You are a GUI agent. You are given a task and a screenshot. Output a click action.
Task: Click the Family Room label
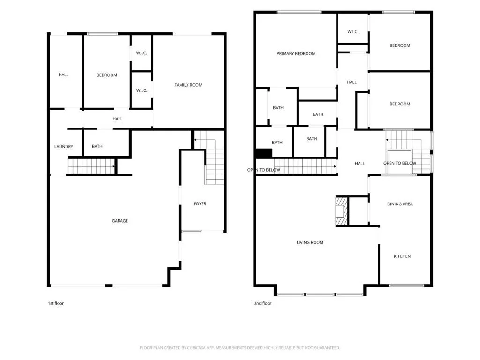click(x=188, y=85)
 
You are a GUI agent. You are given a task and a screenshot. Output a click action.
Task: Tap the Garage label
click(x=120, y=221)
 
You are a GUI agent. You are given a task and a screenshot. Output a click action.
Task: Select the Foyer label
click(x=200, y=203)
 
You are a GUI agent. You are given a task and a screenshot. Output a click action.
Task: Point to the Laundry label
click(x=64, y=147)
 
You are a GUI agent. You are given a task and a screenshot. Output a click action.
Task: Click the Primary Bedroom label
click(x=296, y=53)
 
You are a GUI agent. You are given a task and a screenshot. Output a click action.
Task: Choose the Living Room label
click(x=310, y=242)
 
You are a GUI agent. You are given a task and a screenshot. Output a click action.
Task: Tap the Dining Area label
click(x=400, y=204)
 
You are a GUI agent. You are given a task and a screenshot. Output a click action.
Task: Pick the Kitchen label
click(x=402, y=256)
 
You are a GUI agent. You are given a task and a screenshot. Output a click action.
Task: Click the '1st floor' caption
click(x=56, y=303)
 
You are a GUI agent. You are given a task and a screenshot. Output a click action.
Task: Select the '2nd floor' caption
click(x=262, y=303)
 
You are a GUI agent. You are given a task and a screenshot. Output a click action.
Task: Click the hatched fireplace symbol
click(x=342, y=211)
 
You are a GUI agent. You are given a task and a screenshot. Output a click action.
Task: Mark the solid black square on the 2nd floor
click(x=264, y=153)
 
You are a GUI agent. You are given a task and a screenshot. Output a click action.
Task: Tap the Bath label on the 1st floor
click(x=97, y=147)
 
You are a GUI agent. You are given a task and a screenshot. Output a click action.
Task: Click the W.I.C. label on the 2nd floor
click(x=352, y=31)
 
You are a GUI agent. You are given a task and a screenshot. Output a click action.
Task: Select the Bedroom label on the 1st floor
click(x=107, y=75)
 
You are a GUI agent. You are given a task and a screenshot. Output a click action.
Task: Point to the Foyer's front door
click(x=192, y=232)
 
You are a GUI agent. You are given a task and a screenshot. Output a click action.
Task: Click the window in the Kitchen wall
click(x=406, y=285)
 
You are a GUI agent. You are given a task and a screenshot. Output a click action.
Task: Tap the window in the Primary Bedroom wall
click(x=299, y=12)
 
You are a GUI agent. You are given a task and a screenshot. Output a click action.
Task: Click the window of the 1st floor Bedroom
click(x=102, y=34)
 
